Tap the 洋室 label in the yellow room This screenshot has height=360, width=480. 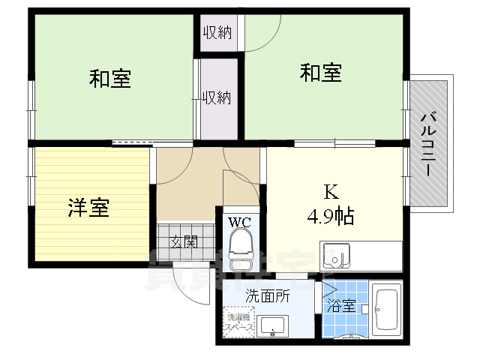point(88,208)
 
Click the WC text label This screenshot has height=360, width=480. point(240,221)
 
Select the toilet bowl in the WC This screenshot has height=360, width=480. point(241,244)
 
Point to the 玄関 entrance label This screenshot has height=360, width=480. point(183,241)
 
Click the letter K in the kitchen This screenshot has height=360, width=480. point(330,191)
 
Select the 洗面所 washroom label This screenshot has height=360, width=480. point(268,296)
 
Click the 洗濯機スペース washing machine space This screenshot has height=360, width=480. point(239,323)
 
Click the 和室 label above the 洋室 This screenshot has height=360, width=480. point(110,78)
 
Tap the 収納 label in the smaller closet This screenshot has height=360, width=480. point(218,32)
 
